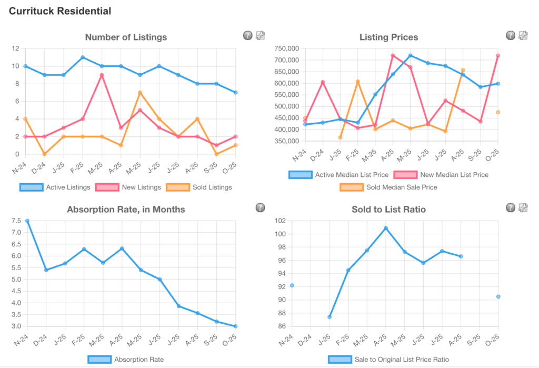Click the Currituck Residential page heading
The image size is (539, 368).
(60, 11)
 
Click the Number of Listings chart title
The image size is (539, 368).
(126, 37)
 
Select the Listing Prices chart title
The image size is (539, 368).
(388, 37)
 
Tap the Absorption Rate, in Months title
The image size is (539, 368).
(126, 209)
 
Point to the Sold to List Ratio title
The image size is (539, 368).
(388, 209)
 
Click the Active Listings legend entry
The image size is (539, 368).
(53, 187)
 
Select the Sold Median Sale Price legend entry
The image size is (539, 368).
(388, 187)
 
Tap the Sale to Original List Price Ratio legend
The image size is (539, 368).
(388, 360)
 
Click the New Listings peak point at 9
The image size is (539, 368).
(102, 75)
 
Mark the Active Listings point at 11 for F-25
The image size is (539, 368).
(83, 57)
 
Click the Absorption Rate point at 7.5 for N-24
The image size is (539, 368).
(27, 221)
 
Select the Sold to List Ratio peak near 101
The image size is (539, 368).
(386, 228)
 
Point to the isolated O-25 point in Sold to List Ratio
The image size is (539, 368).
(498, 296)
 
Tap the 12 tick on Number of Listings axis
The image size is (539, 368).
(16, 48)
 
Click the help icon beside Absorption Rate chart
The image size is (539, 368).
(260, 208)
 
